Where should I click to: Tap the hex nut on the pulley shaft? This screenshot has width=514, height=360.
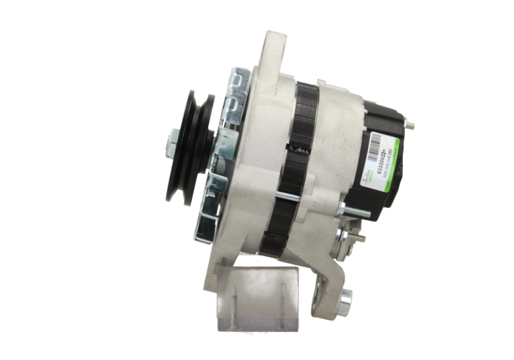(x=170, y=143)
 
